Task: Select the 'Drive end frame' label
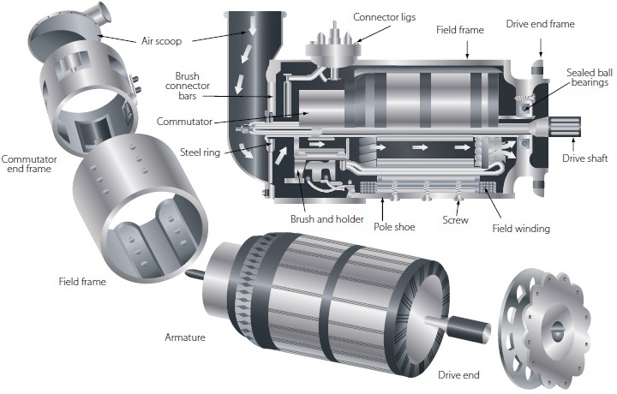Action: (x=540, y=24)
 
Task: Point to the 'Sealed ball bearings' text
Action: (x=588, y=76)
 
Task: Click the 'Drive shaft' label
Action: (x=585, y=158)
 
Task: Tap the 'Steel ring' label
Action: (x=201, y=152)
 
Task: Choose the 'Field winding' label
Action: (x=521, y=229)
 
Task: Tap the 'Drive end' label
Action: (x=458, y=374)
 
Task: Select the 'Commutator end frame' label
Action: (x=30, y=164)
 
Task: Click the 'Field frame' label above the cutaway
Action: (x=460, y=30)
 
